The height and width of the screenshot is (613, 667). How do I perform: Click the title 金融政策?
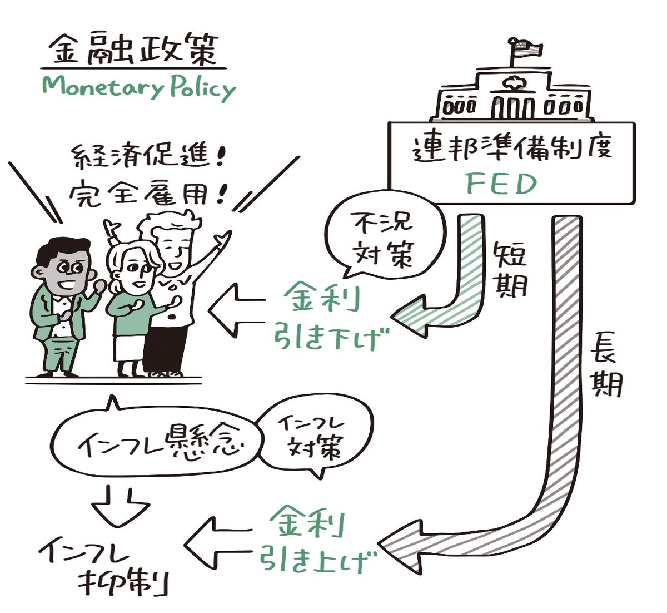(134, 51)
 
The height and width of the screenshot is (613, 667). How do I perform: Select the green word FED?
(501, 184)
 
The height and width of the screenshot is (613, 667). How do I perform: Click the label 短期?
(509, 269)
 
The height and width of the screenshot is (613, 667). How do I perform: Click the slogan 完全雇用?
(147, 192)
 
